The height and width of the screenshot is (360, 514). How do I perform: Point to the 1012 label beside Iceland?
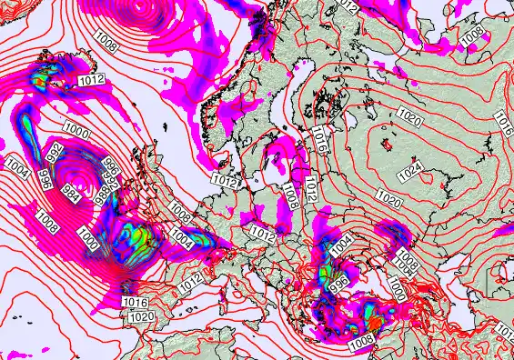coord(91,81)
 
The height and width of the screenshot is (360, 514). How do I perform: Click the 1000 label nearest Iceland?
coord(78,134)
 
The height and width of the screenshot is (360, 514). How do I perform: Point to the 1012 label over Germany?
coord(263,235)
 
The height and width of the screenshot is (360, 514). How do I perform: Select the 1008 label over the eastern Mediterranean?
coord(361,340)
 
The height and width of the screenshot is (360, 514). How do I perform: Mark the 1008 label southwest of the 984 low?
coord(49,218)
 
